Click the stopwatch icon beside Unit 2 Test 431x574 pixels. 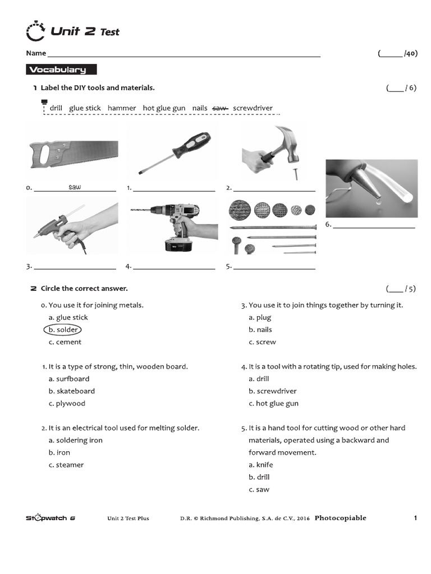click(x=35, y=31)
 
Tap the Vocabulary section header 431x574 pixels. click(x=61, y=70)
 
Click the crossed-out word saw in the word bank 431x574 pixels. click(x=220, y=108)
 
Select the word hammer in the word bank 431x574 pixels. click(x=122, y=108)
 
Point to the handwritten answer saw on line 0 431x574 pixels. click(x=75, y=187)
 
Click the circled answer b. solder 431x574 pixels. click(x=63, y=330)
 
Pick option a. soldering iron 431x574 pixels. click(x=76, y=441)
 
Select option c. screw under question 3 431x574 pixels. click(x=262, y=342)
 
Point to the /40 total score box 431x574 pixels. click(x=398, y=54)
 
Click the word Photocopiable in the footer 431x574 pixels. click(x=340, y=518)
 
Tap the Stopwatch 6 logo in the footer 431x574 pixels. click(x=50, y=518)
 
